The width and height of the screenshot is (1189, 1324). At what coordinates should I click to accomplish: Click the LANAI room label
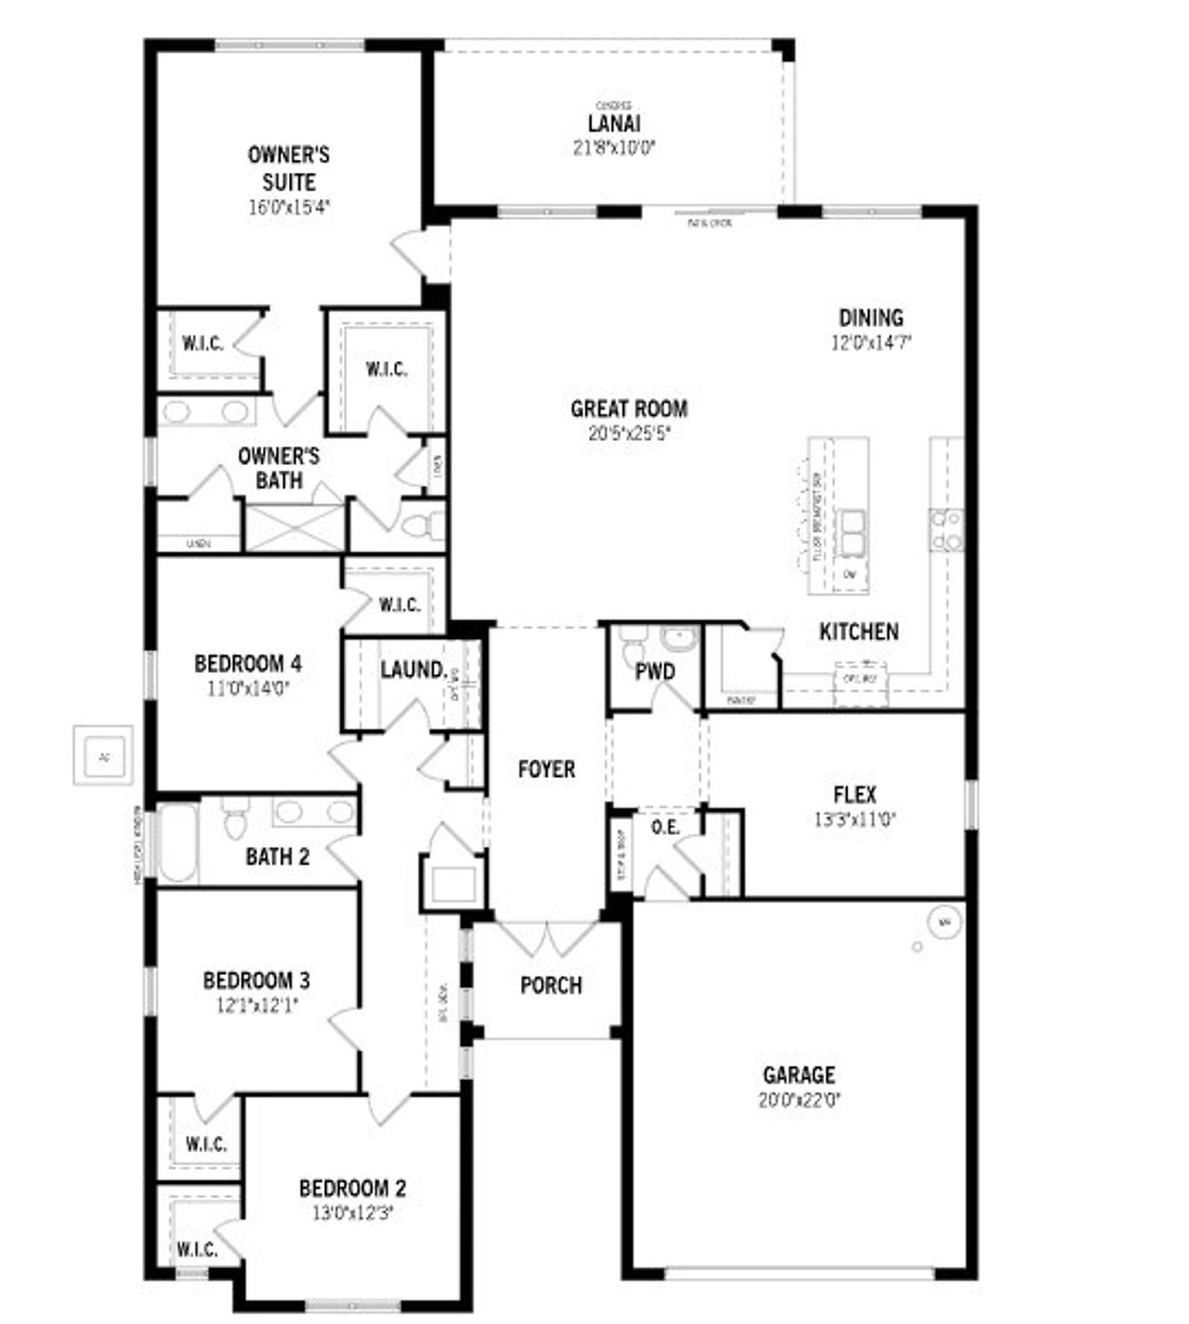point(614,123)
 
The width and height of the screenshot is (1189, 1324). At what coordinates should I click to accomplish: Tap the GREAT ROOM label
point(629,409)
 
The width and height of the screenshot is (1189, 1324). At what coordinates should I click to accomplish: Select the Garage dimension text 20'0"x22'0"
point(799,1100)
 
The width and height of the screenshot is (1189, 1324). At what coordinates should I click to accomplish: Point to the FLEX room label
point(854,795)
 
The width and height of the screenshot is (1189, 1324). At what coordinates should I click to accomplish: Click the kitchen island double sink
point(851,531)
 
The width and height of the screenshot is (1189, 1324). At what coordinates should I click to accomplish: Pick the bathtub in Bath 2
point(176,844)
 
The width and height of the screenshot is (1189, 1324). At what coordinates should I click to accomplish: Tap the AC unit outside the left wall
point(103,757)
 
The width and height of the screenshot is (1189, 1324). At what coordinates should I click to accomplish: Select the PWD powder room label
point(655,671)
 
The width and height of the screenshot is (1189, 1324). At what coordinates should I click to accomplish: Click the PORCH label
point(551,985)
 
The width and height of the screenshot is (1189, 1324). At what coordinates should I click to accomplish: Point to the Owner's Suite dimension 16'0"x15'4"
point(289,207)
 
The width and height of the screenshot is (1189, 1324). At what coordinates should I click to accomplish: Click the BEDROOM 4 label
point(247,664)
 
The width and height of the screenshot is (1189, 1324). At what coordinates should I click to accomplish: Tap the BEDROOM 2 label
point(352,1188)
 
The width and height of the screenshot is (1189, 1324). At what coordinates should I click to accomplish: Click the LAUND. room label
point(413,668)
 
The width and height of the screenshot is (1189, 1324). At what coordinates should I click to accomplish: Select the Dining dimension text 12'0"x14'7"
point(871,342)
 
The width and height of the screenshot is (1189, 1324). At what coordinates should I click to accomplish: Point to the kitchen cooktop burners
point(947,529)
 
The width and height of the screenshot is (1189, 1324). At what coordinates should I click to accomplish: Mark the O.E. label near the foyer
point(665,826)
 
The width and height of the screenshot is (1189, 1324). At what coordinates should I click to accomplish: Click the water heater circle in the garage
point(945,922)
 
